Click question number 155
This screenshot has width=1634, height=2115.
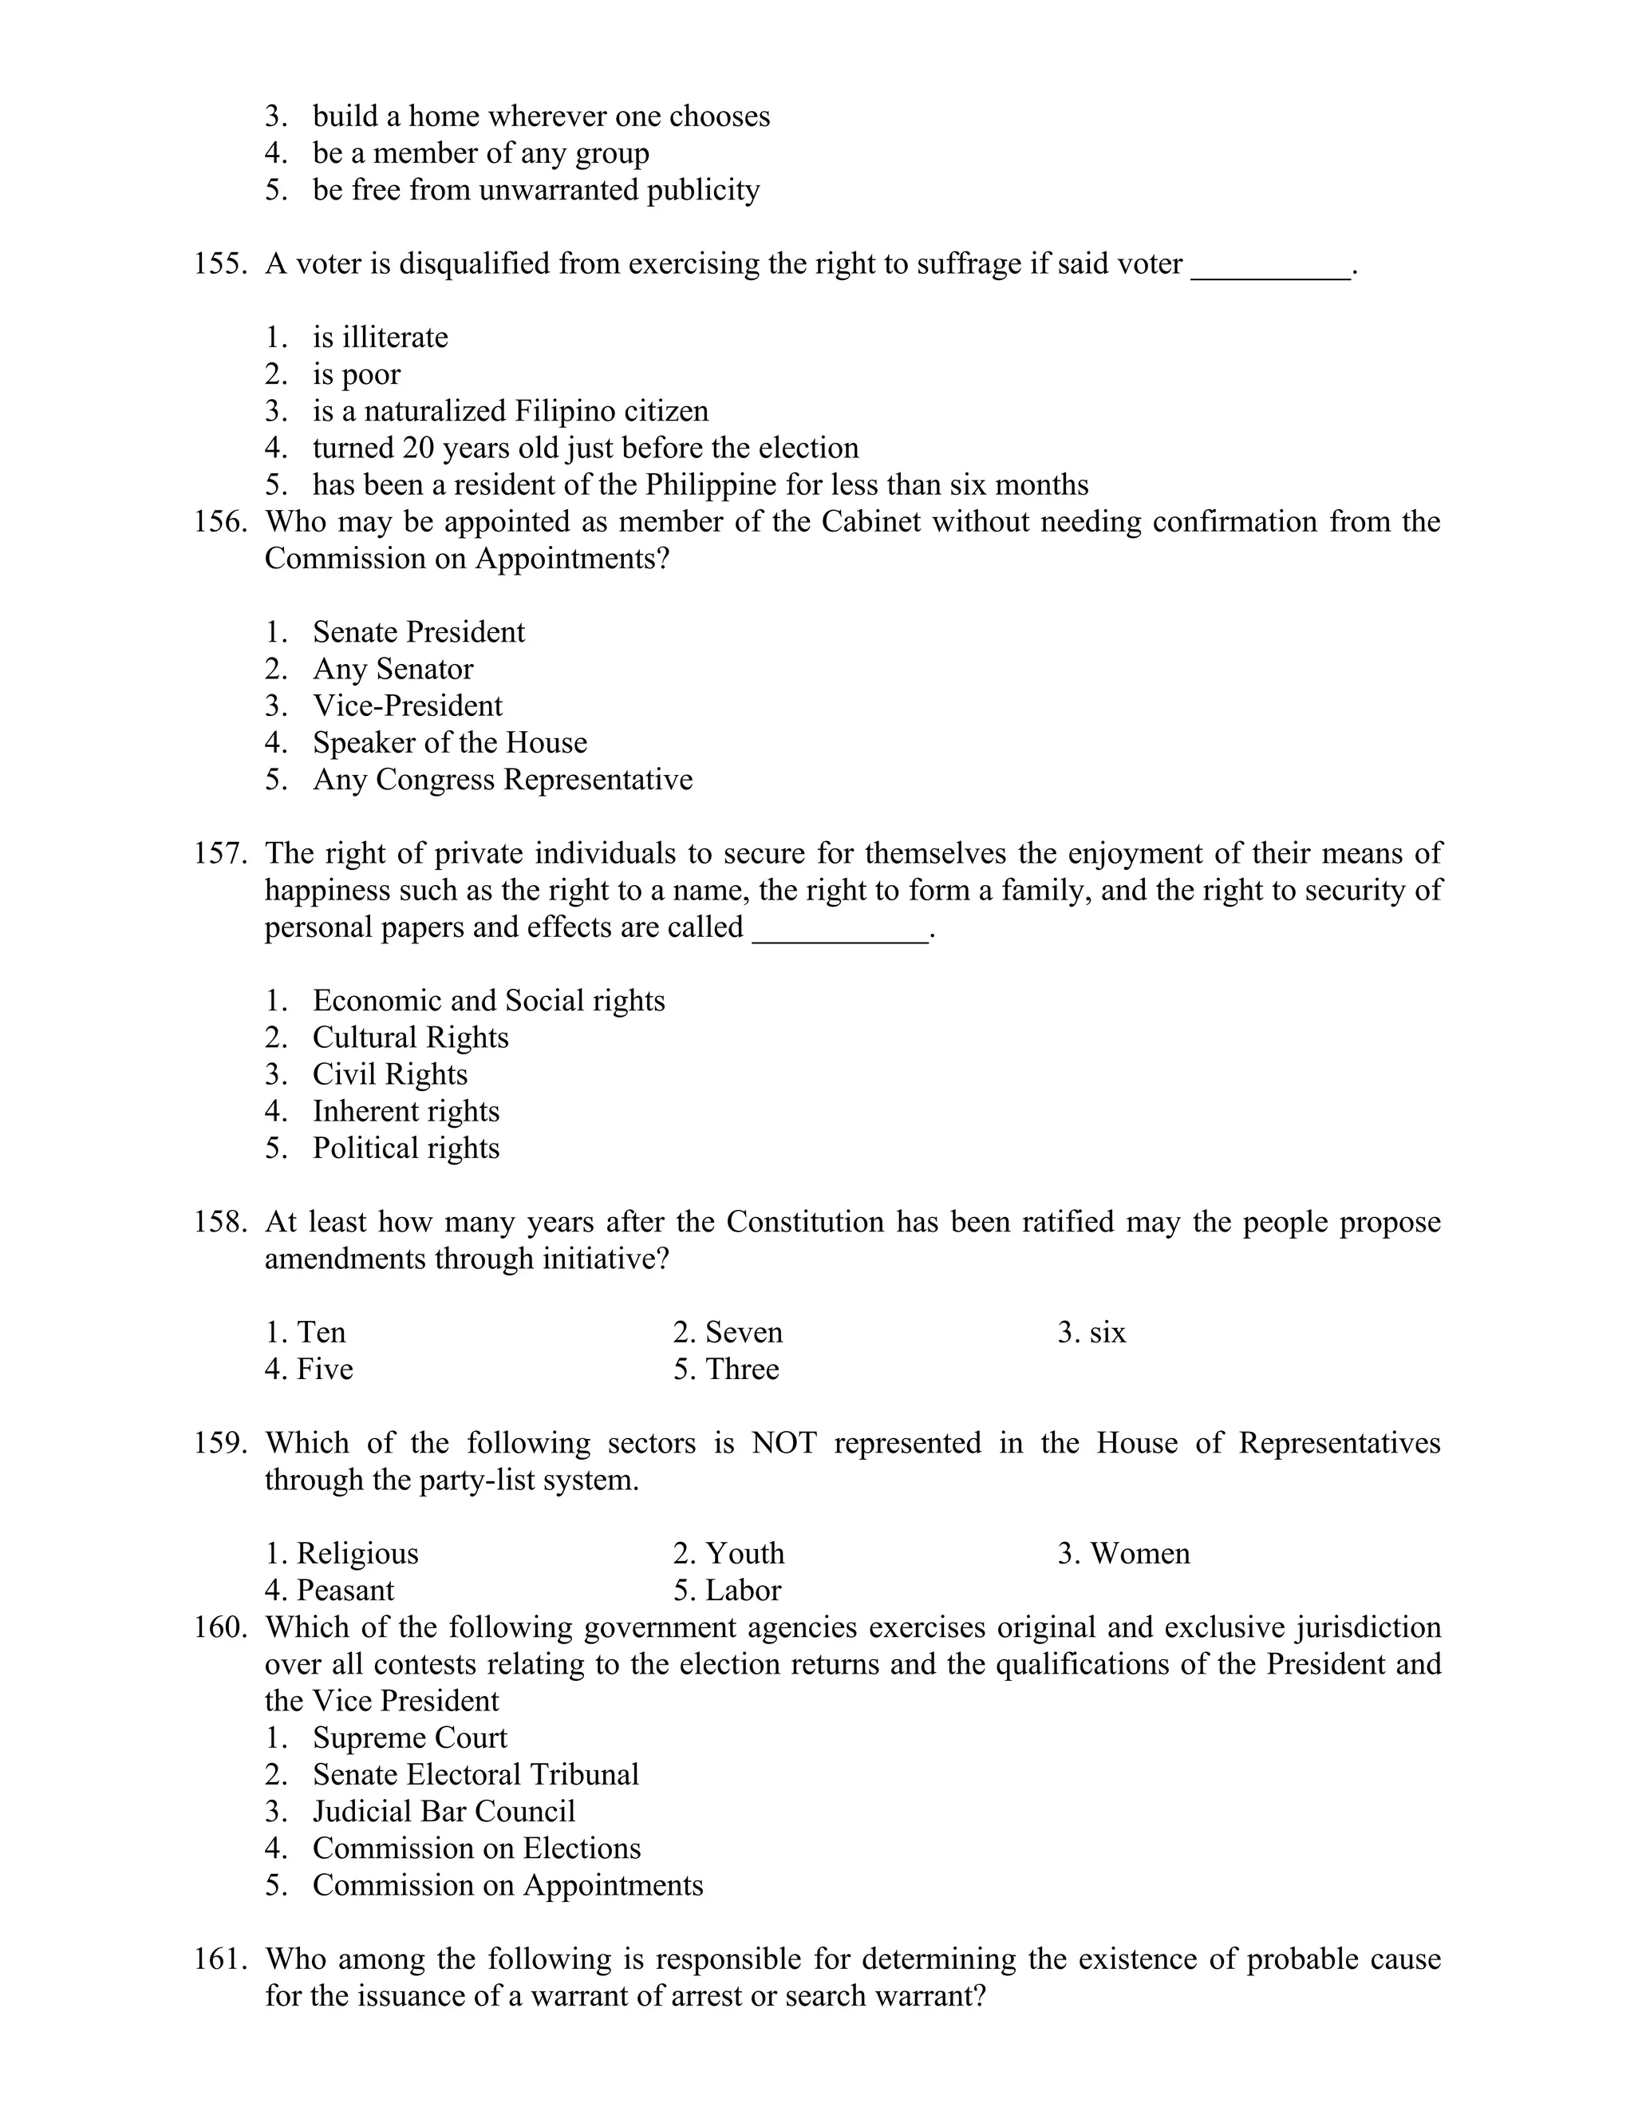[x=221, y=263]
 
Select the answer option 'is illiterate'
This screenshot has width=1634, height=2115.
[x=380, y=337]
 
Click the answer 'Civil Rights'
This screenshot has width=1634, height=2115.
[x=389, y=1074]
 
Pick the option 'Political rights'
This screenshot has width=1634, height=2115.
[x=405, y=1148]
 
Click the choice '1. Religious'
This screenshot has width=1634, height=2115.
[x=341, y=1552]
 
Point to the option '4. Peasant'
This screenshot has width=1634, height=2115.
[x=330, y=1589]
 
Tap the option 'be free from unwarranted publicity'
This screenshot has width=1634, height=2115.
[x=535, y=190]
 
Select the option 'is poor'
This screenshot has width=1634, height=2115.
[x=355, y=374]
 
